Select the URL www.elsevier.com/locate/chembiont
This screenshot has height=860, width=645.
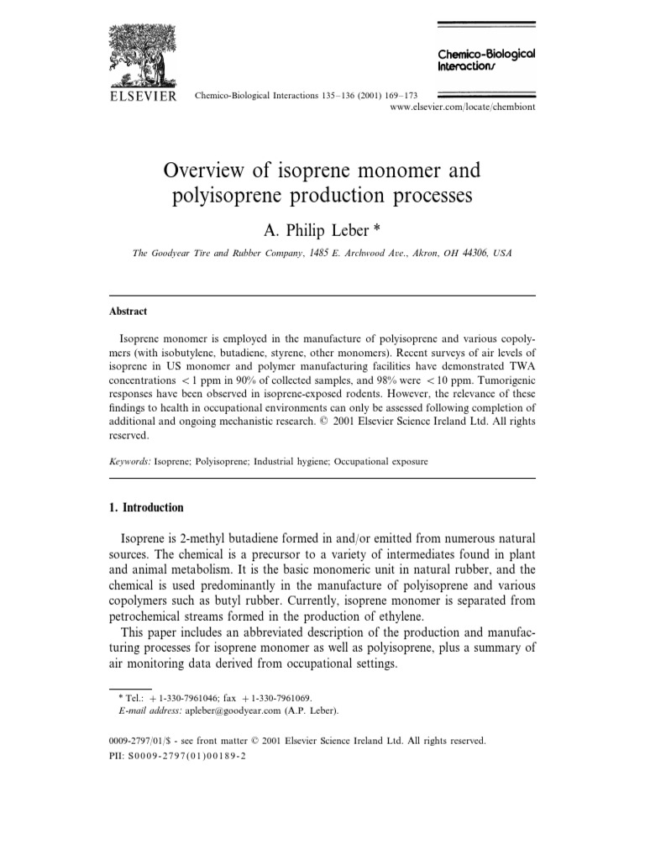(463, 107)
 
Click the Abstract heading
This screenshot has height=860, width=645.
(128, 311)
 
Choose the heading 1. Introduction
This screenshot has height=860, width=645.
(147, 508)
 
